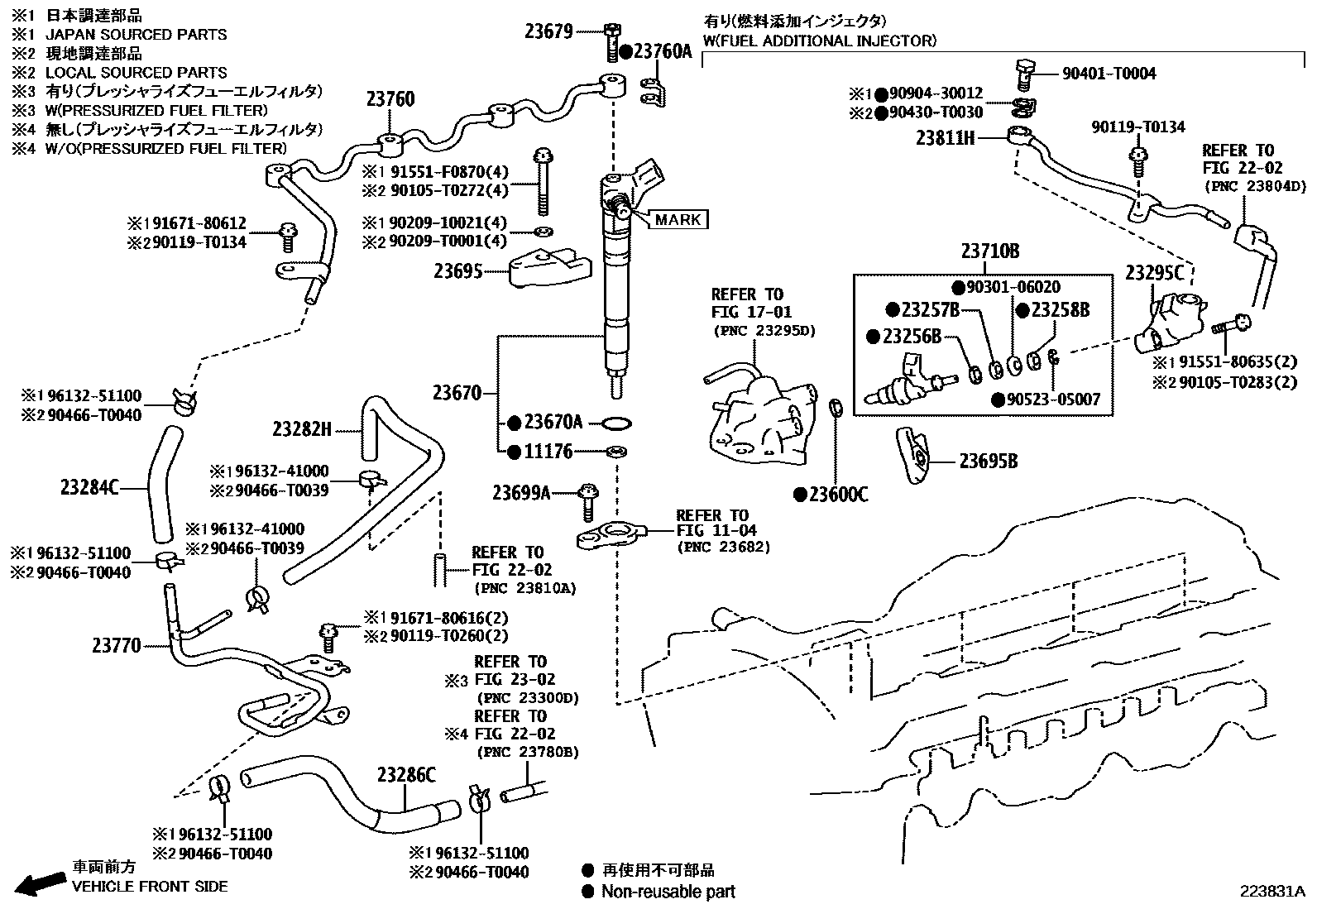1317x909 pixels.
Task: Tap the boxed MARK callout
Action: coord(678,219)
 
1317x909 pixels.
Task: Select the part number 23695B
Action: coord(988,461)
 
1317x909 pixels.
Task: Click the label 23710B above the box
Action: coord(990,251)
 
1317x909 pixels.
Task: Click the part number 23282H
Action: coord(302,428)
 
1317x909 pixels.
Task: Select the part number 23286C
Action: coord(405,775)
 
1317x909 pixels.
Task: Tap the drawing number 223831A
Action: coord(1271,891)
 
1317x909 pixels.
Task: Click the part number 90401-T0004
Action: coord(1109,74)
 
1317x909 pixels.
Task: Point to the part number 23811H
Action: coord(945,138)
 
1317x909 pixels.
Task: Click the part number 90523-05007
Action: coord(1053,399)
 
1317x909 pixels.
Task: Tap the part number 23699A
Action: coord(521,493)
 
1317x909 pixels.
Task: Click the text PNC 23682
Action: coord(723,547)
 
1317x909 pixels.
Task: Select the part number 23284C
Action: coord(89,487)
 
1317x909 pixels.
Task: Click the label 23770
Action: coord(116,645)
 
